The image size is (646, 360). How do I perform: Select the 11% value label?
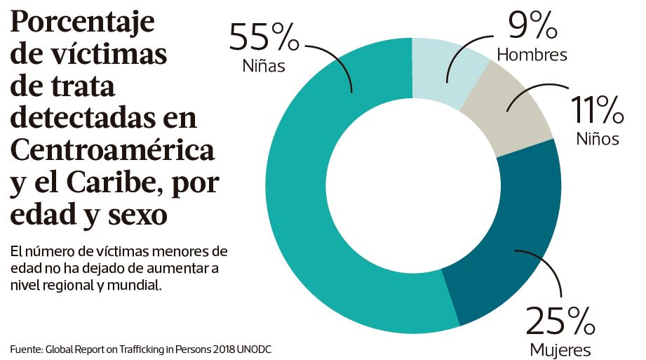click(596, 110)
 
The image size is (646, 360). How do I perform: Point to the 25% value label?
click(560, 321)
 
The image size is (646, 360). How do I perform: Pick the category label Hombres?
click(532, 54)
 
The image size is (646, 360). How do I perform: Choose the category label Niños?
click(598, 138)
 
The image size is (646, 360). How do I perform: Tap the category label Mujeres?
click(560, 349)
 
